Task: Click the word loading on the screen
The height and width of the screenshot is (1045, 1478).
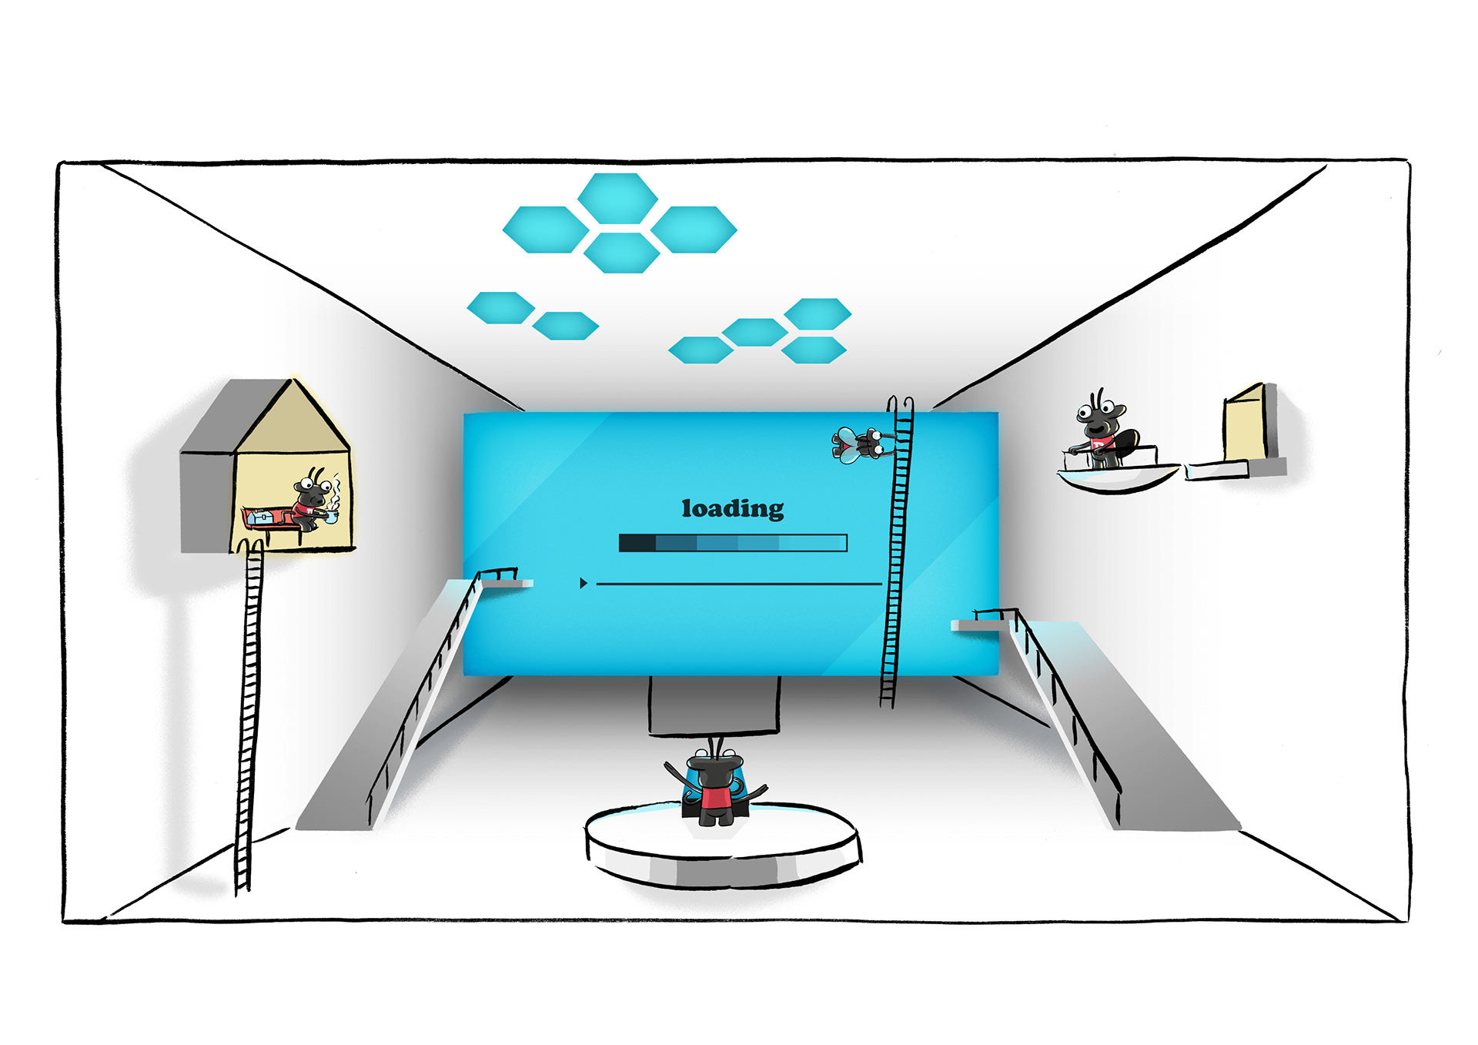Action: (732, 509)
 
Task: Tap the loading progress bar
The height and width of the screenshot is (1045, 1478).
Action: (732, 543)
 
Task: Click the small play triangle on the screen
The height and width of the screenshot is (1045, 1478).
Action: (584, 584)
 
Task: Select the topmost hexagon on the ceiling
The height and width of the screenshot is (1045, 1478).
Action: (617, 198)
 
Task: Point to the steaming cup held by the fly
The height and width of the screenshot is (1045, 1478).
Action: (331, 517)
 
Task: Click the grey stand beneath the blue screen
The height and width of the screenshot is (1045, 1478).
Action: (714, 705)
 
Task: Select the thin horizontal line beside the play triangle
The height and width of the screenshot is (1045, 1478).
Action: (739, 584)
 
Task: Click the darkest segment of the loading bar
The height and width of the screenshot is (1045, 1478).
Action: (637, 543)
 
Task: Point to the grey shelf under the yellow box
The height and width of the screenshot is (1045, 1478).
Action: (1236, 468)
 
